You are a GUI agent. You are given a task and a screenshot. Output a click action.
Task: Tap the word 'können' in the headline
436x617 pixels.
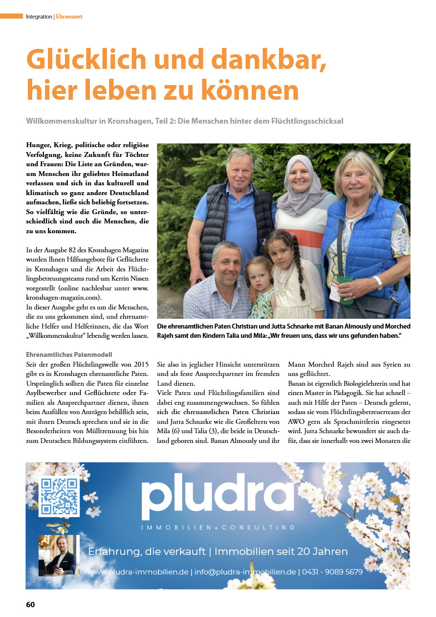coord(251,90)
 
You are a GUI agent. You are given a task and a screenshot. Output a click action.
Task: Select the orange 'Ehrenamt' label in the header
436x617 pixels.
coord(69,17)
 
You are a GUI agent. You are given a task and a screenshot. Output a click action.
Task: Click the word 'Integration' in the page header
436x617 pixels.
coord(39,17)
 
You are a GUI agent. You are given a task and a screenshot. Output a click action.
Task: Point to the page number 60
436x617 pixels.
coord(30,605)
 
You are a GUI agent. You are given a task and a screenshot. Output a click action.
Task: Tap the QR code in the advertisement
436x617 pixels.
coord(59,497)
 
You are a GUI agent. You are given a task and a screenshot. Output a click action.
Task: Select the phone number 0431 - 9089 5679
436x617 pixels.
coord(332,572)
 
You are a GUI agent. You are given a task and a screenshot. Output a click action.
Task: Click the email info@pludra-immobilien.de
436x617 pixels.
coord(245,572)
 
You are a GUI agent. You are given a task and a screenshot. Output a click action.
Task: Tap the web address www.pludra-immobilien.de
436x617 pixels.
coord(138,572)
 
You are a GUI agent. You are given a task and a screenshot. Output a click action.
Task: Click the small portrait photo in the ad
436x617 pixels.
coord(59,555)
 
